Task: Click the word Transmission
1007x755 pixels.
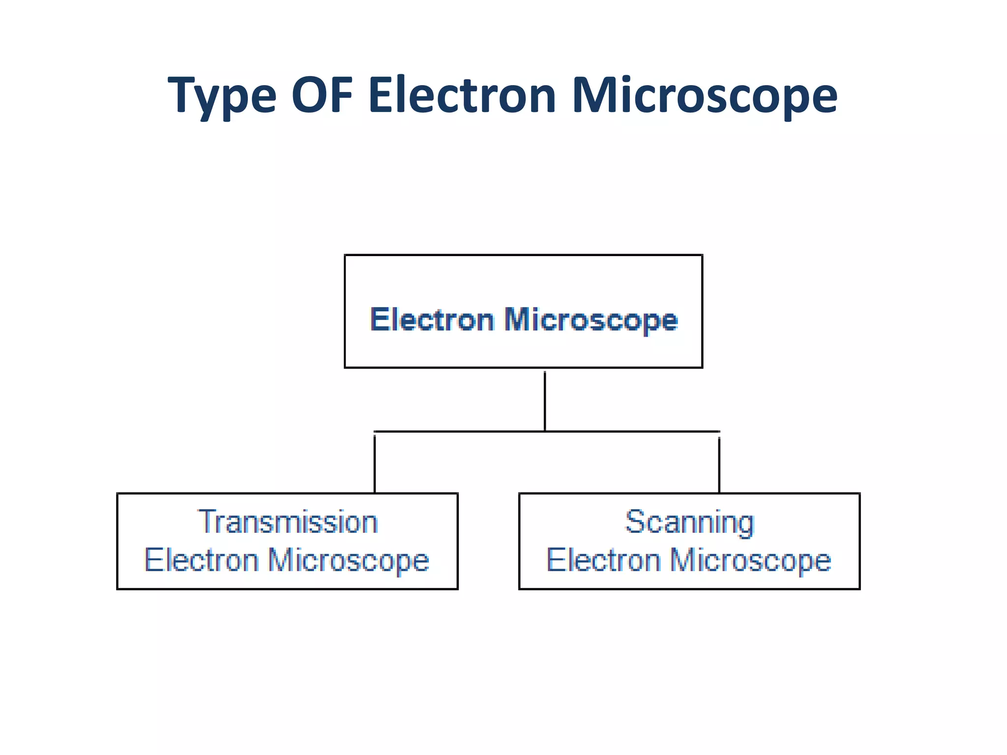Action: coord(288,522)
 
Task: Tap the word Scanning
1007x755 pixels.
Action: coord(689,523)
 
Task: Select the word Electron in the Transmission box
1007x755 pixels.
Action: coord(202,560)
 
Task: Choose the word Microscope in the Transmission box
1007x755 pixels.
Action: coord(349,561)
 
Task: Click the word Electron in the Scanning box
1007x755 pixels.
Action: coord(604,560)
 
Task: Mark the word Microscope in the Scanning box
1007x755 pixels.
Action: coord(750,561)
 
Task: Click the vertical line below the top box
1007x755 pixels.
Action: coord(545,401)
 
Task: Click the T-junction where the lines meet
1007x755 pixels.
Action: coord(545,432)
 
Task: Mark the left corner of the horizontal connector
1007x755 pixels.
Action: coord(375,432)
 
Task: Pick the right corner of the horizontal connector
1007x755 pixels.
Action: coord(719,432)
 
